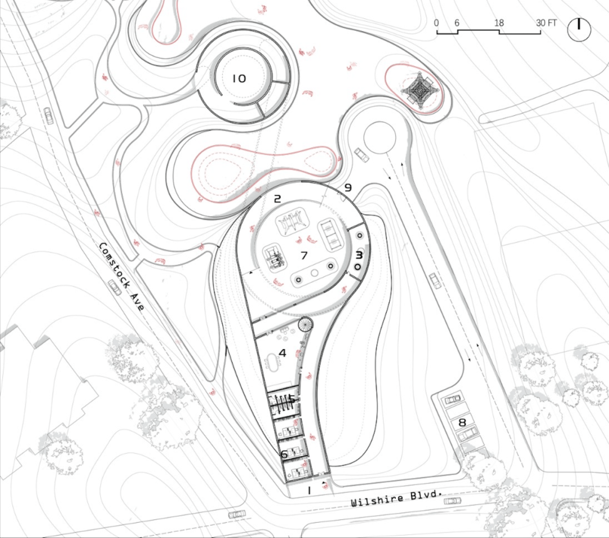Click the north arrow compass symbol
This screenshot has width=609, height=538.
(579, 29)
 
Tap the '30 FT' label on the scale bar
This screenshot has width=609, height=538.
(546, 23)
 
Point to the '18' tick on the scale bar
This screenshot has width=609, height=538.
(499, 23)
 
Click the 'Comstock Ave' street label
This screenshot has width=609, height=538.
(121, 276)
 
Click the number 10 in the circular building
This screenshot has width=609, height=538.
(239, 78)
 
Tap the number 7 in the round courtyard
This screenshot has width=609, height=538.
(304, 255)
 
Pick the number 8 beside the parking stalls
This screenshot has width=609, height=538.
(462, 422)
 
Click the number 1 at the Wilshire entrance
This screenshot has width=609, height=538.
(309, 491)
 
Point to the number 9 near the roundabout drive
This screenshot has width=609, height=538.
(348, 188)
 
